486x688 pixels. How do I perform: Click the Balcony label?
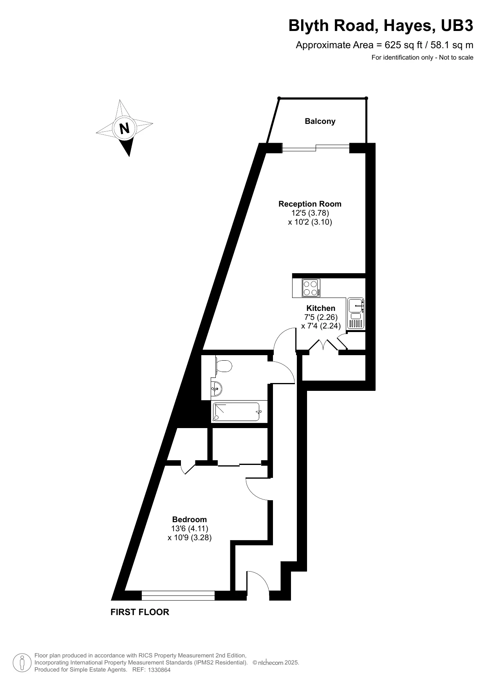tap(320, 121)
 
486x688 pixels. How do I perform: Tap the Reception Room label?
tap(310, 204)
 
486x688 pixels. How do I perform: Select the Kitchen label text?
tap(321, 308)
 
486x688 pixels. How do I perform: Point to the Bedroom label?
tap(190, 519)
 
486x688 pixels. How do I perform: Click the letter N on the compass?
tap(125, 128)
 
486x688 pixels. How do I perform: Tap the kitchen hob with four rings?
tap(311, 288)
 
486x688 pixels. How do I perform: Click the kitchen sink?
tap(356, 303)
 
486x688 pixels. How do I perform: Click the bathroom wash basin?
tap(217, 388)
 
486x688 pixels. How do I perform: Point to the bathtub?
tap(236, 412)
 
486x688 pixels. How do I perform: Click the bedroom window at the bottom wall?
tap(178, 595)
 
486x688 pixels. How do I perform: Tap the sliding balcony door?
tap(316, 147)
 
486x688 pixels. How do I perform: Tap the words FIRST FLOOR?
tap(140, 612)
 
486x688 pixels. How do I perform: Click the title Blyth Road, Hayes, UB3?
tap(381, 26)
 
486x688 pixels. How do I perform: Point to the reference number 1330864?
tap(159, 670)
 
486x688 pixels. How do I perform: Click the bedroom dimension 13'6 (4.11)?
tap(190, 528)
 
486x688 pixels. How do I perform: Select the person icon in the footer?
tap(22, 663)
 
